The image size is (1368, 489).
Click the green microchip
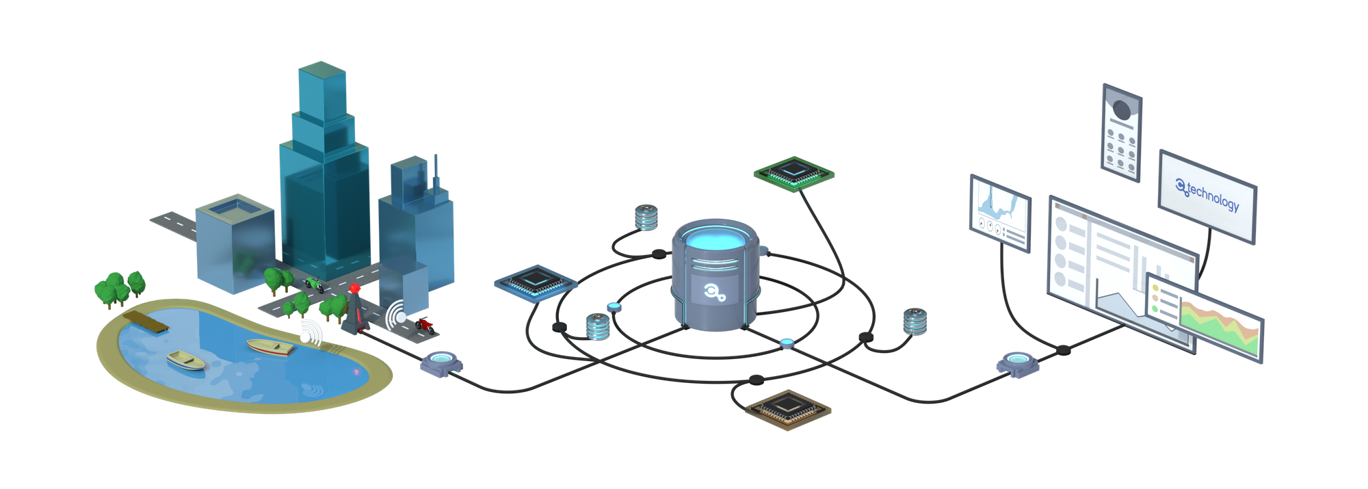(793, 174)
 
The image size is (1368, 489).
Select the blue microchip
(536, 282)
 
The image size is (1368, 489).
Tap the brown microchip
(788, 409)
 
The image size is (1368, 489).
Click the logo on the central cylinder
(714, 293)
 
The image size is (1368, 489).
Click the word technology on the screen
(1213, 197)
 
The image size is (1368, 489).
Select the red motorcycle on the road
(425, 325)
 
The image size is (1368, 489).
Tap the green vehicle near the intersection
(314, 283)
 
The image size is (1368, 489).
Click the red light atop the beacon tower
(354, 289)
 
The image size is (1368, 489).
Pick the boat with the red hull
(270, 347)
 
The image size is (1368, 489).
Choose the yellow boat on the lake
(185, 360)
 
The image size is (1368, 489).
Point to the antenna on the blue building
(436, 171)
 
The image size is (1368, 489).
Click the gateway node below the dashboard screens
(1018, 364)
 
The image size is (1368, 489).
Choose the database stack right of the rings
(915, 321)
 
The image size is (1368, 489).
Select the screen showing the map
(1000, 213)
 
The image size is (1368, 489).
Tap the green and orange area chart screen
(1220, 327)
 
